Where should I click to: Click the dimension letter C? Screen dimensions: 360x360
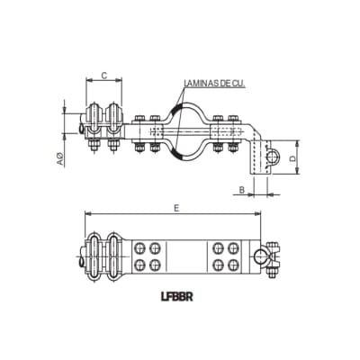pyautogui.click(x=104, y=75)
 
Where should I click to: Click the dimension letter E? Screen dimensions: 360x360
pyautogui.click(x=175, y=207)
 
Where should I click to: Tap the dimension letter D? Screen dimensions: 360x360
pyautogui.click(x=293, y=158)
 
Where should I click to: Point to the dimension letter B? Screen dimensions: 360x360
pyautogui.click(x=241, y=189)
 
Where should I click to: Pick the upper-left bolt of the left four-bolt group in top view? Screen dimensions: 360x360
pyautogui.click(x=141, y=247)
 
